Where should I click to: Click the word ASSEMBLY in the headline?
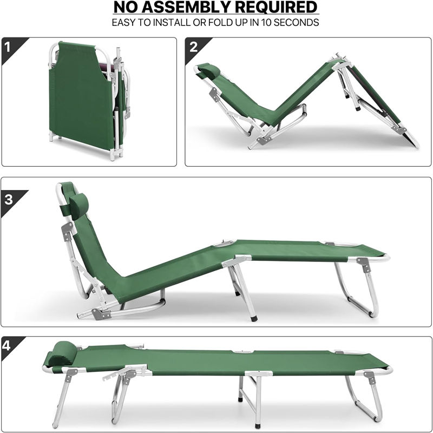(x=191, y=8)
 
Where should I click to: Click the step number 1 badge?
(x=8, y=47)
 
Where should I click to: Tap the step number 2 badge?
(x=193, y=47)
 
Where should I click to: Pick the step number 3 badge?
(x=8, y=199)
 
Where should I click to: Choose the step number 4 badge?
(x=8, y=346)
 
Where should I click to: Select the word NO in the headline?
(x=126, y=8)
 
